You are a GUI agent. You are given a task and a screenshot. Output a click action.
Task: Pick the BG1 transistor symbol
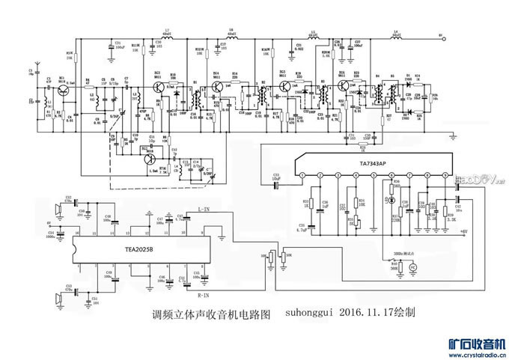pos(62,90)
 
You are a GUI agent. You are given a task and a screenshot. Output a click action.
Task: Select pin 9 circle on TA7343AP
pos(445,175)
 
